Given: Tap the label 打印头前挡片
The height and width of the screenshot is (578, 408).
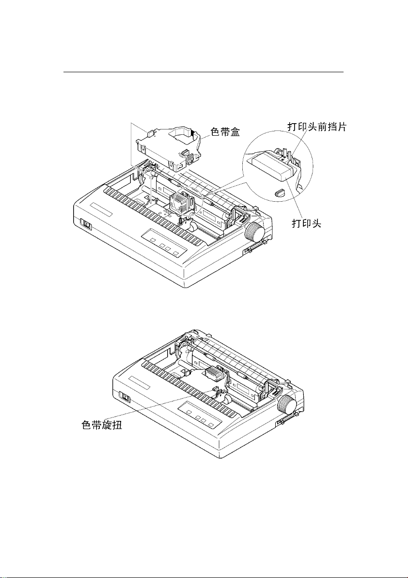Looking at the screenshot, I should [x=314, y=127].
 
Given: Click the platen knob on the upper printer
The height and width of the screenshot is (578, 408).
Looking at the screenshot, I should [x=256, y=233].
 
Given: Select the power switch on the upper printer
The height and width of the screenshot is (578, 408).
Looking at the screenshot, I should [x=86, y=224].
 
